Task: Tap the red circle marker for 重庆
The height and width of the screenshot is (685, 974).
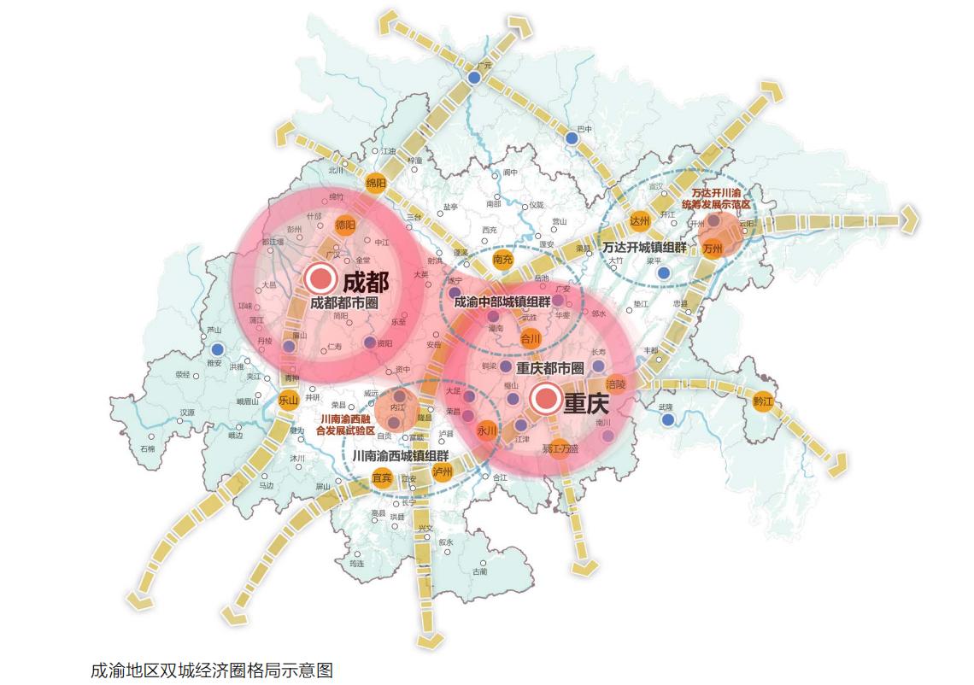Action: pos(544,398)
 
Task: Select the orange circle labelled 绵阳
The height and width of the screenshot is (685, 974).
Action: pos(376,183)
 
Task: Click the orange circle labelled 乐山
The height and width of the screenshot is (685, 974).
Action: pos(286,399)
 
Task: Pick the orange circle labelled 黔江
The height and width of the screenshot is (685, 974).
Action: pos(762,401)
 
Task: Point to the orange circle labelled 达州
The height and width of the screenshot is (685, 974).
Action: pos(639,220)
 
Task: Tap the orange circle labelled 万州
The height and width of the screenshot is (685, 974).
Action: pos(713,249)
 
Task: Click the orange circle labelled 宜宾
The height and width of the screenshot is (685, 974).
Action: pos(382,477)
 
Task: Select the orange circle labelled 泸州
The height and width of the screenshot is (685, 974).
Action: pos(442,471)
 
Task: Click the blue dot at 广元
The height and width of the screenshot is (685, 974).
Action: pos(474,78)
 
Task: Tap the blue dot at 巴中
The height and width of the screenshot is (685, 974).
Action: pos(571,138)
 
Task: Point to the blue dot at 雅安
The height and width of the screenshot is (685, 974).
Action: pos(217,348)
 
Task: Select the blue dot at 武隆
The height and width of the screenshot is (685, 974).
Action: pos(667,419)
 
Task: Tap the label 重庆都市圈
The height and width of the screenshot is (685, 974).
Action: pos(550,368)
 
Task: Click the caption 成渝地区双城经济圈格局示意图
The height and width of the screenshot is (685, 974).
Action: pos(211,669)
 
